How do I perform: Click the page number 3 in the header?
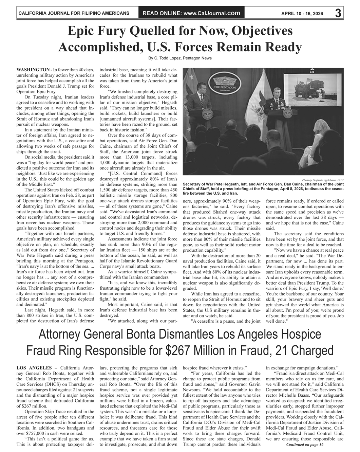(x=338, y=13)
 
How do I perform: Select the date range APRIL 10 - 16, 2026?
(x=302, y=14)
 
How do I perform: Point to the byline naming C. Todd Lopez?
(x=180, y=58)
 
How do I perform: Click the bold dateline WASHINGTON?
(x=33, y=70)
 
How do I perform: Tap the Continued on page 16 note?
(x=305, y=445)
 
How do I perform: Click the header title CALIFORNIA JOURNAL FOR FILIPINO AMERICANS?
(x=74, y=14)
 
